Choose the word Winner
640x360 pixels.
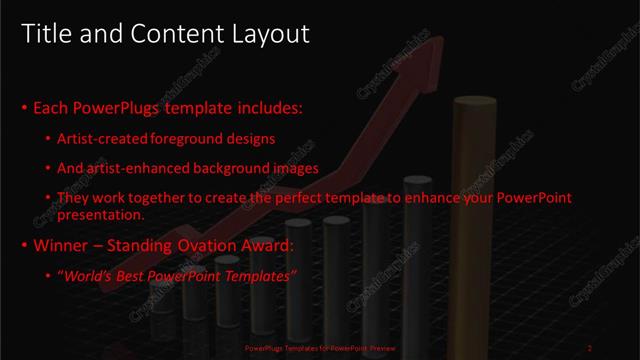[62, 244]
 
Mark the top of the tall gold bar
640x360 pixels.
[474, 101]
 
